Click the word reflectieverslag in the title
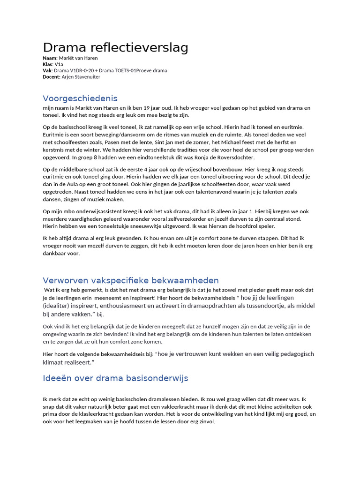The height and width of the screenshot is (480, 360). click(x=136, y=47)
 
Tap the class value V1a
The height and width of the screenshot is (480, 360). click(x=59, y=64)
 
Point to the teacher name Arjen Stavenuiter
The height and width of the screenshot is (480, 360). click(x=81, y=76)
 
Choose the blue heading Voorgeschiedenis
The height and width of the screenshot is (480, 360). click(x=80, y=98)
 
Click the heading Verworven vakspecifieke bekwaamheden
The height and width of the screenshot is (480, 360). click(x=131, y=281)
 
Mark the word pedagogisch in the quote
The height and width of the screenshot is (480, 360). click(x=296, y=353)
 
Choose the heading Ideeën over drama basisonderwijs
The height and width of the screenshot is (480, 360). click(x=115, y=378)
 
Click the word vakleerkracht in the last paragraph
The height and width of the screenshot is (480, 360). click(x=186, y=407)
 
